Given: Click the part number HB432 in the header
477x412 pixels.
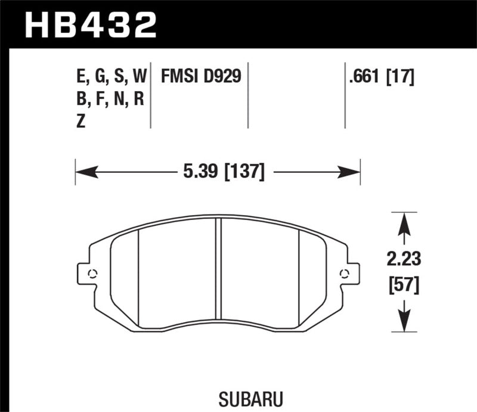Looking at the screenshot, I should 89,24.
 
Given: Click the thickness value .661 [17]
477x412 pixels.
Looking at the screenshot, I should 380,77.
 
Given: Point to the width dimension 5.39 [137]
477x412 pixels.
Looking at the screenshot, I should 220,173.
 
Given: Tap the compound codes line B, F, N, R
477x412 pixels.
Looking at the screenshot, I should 107,99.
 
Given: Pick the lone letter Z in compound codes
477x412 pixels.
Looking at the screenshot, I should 81,121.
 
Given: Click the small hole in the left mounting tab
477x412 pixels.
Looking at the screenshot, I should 92,274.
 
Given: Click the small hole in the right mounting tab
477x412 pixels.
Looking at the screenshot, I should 343,274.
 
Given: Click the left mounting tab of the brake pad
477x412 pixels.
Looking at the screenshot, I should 88,274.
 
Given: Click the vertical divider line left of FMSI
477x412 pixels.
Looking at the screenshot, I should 151,95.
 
